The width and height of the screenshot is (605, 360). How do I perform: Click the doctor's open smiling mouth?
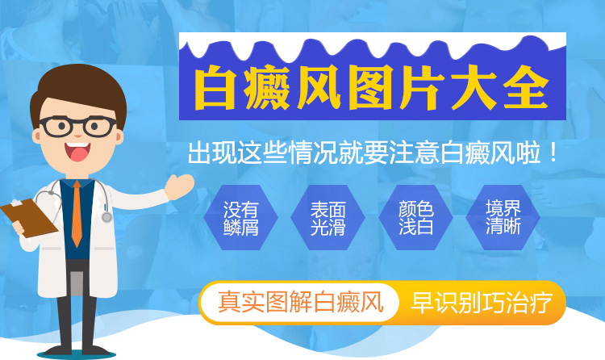tap(77, 152)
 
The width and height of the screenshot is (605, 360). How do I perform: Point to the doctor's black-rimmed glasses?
tap(77, 126)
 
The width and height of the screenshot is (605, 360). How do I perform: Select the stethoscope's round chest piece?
tap(106, 217)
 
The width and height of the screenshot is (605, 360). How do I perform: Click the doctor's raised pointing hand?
tap(179, 186)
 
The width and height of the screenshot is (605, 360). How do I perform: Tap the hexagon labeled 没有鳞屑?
tap(240, 217)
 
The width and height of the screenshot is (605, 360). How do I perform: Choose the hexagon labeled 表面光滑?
tap(328, 217)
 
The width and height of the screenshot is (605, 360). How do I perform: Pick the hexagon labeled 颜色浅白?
tap(415, 217)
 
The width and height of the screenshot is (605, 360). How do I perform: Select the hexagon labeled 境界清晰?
tap(503, 217)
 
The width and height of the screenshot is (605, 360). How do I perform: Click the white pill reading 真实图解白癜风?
tap(300, 303)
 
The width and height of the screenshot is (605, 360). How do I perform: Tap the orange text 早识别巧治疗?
tap(482, 303)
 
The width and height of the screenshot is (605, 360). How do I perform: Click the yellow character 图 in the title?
tap(370, 88)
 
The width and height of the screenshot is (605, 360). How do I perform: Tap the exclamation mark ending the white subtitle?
tap(553, 153)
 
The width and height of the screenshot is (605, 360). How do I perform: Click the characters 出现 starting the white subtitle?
tap(212, 153)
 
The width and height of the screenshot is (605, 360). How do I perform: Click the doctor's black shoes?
tap(77, 351)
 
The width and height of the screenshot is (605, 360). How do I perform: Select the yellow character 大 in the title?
tap(474, 88)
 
